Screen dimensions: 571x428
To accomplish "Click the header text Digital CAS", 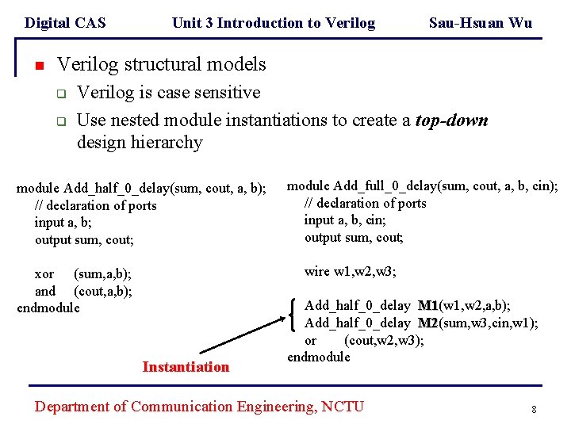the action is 65,23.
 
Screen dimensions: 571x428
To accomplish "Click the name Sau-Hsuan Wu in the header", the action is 480,23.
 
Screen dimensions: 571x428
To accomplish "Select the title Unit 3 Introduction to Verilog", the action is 274,23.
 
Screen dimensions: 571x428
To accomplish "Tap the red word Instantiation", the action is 186,367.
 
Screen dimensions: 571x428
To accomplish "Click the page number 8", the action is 534,409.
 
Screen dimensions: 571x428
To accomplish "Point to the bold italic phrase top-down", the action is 451,120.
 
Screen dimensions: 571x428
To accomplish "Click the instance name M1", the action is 427,306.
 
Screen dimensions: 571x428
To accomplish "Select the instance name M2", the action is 427,323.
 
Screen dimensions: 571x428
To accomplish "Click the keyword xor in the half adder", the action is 44,274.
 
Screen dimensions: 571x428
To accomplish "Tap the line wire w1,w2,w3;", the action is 351,272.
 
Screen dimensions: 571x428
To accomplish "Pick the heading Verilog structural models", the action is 162,64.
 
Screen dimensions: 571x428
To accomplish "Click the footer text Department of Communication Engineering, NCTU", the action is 199,407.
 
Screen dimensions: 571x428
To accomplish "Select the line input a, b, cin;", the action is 345,220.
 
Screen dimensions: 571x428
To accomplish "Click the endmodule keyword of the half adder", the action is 48,308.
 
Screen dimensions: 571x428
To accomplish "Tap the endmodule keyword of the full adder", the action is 319,357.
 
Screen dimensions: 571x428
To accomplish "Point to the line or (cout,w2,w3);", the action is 364,340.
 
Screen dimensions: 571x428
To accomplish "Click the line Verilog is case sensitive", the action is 168,93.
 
